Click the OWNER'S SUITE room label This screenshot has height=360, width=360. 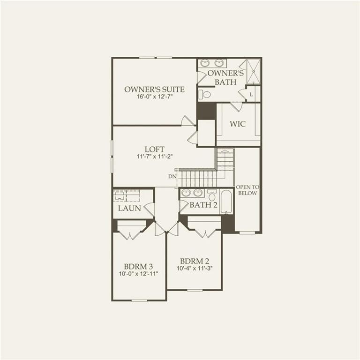pos(154,89)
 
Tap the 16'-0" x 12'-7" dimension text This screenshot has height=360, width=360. pos(154,97)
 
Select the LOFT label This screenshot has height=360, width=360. pos(154,149)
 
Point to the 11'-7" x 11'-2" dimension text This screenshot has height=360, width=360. pos(154,157)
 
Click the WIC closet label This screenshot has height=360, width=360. pos(238,124)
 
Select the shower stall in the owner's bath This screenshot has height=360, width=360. pos(253,71)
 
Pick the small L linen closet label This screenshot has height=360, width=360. pos(252,94)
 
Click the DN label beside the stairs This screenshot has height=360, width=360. pos(172,176)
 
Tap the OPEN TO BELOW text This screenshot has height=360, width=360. pos(247,190)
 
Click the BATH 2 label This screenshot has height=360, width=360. pos(203,205)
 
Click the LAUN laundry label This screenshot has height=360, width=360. pos(129,208)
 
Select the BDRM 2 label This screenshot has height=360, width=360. pos(194,261)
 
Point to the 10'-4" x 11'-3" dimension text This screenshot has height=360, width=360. pos(194,269)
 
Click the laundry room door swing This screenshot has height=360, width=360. pos(150,209)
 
